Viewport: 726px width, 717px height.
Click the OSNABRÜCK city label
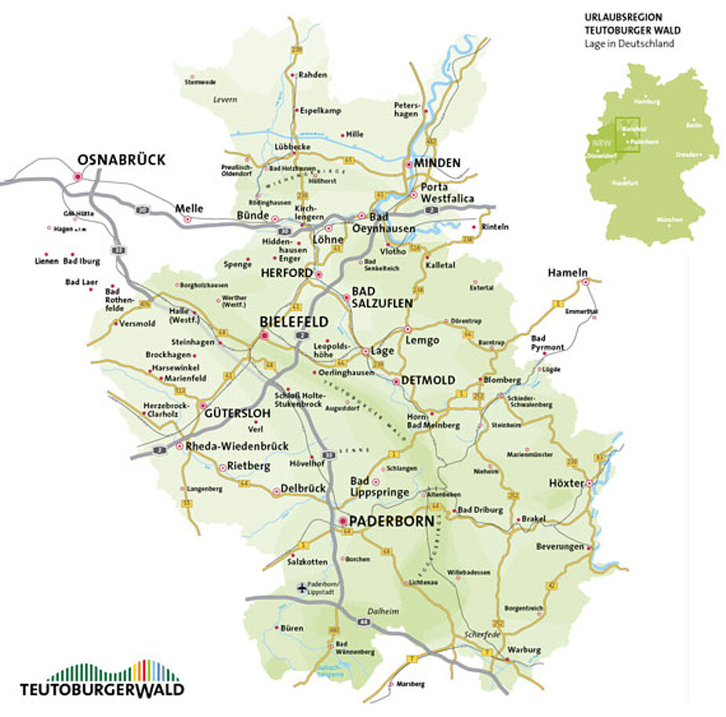tap(122, 160)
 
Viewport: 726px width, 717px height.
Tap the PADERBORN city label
tap(392, 521)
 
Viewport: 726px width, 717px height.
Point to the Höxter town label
tap(566, 483)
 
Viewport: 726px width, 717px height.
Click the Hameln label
tap(568, 272)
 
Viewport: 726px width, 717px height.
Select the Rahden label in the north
tap(313, 75)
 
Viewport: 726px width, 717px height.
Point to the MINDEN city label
tap(437, 163)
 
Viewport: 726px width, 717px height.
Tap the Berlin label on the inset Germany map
tap(693, 125)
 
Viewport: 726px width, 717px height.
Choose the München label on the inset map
tap(670, 220)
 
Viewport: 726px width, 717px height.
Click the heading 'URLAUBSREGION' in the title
tap(623, 16)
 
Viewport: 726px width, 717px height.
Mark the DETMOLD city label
tap(428, 380)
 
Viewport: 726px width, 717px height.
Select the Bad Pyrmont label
tap(547, 343)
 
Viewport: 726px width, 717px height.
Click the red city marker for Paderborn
tap(343, 521)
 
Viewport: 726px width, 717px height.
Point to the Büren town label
tap(291, 628)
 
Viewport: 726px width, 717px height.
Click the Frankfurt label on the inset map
tap(626, 183)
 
